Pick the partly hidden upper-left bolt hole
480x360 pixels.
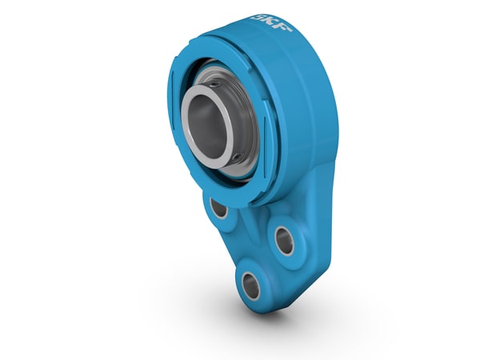tap(218, 208)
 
